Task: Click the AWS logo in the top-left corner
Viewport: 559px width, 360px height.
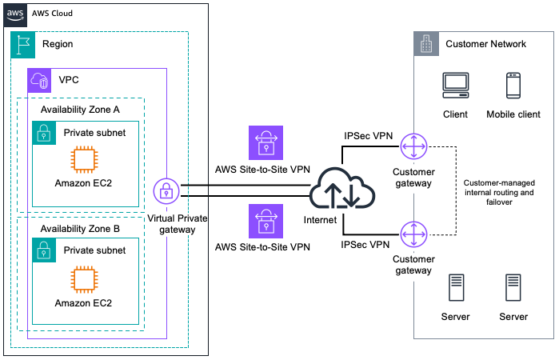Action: click(x=14, y=15)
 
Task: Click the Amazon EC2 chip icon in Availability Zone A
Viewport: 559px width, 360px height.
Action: click(x=84, y=161)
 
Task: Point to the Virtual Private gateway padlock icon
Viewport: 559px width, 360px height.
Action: click(x=166, y=191)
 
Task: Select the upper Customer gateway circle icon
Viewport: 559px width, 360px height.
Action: click(x=413, y=147)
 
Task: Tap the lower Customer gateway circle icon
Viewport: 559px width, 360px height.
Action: click(x=413, y=234)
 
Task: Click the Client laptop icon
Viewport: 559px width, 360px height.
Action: click(x=455, y=86)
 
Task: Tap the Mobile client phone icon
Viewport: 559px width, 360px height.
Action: click(x=513, y=86)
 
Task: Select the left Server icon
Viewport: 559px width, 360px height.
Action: click(x=455, y=288)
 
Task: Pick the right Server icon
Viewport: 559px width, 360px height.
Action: click(x=513, y=288)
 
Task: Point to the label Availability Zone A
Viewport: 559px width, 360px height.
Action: click(x=80, y=109)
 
